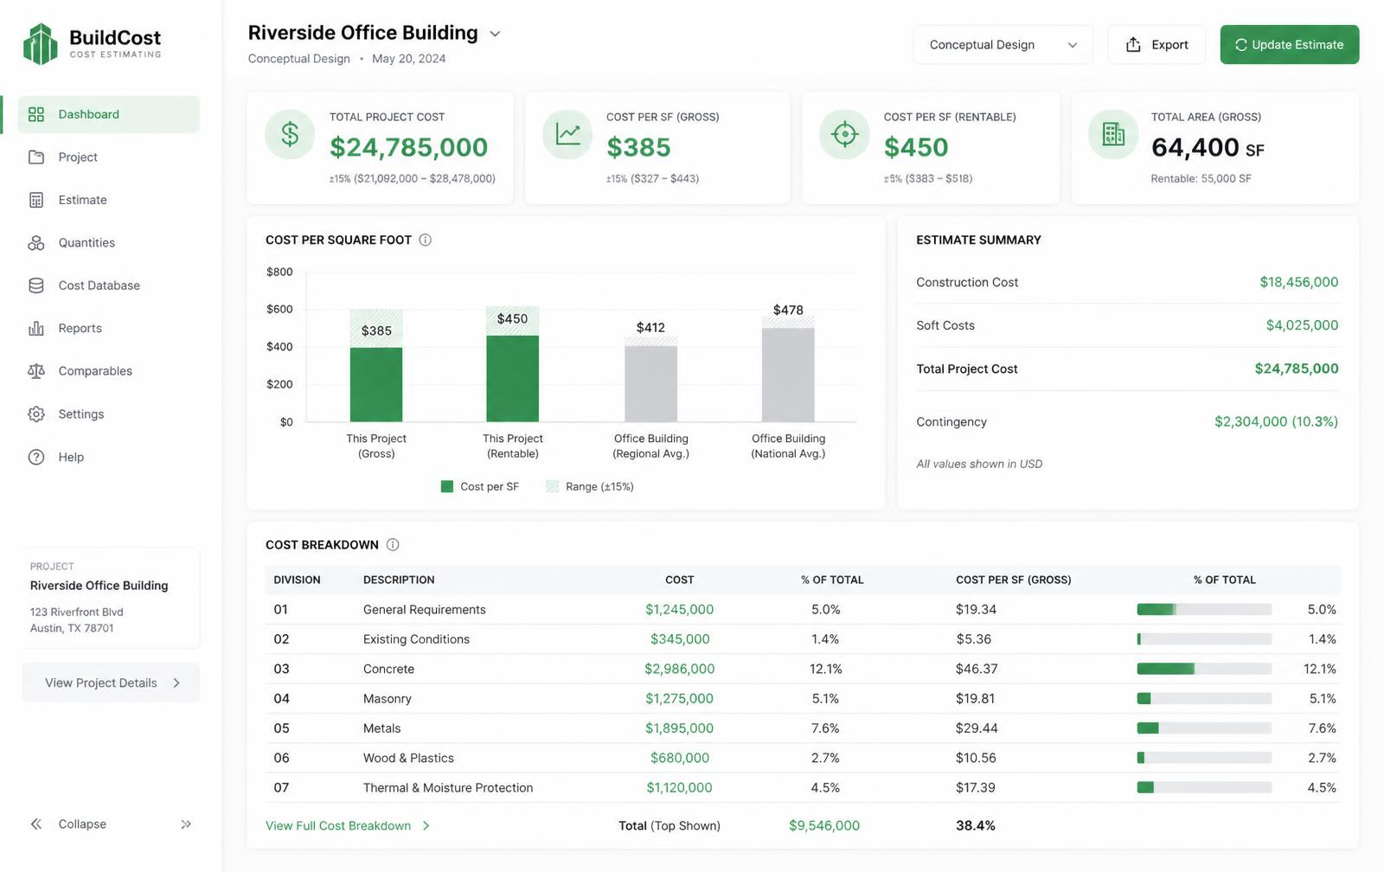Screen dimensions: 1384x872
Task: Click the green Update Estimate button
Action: click(1289, 44)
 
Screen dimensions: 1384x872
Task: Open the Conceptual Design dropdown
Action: click(1003, 44)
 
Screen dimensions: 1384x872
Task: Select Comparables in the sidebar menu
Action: click(95, 371)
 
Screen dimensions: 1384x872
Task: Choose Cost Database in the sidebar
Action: click(99, 285)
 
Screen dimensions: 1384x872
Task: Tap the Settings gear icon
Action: click(36, 414)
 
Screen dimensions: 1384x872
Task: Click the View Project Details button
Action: click(112, 683)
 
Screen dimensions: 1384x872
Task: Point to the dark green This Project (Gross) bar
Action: click(375, 384)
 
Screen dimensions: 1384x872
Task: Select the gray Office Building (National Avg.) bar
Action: click(788, 375)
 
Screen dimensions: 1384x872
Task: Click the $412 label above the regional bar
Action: click(650, 328)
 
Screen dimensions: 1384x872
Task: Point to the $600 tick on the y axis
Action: click(279, 309)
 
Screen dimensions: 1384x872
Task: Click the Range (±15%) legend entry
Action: click(590, 486)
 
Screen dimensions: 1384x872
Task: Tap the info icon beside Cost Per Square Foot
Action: click(425, 240)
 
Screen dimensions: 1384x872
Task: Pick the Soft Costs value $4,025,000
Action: click(1302, 325)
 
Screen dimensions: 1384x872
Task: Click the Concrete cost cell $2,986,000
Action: click(679, 669)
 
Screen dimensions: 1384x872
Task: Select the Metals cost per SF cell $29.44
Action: click(977, 728)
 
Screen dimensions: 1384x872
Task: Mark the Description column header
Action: click(399, 580)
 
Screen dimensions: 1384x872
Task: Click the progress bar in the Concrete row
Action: click(1204, 669)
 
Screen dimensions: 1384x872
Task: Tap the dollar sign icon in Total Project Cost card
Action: click(290, 134)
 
